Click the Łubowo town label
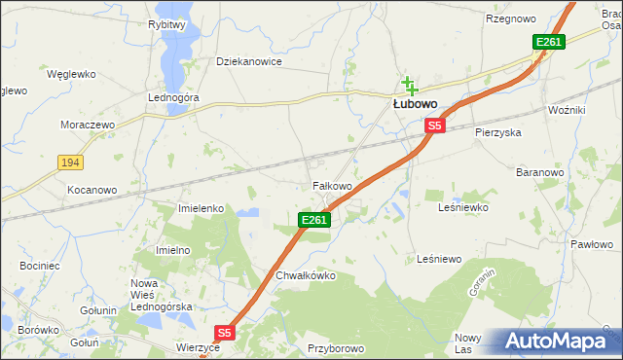(415, 103)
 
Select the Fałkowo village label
(331, 185)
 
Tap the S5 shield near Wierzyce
(225, 332)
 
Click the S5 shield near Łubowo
(434, 126)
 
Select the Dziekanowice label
(248, 61)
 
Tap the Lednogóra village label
(173, 98)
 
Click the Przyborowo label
(335, 348)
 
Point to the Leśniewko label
(463, 207)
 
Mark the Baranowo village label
(540, 172)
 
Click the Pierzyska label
(498, 131)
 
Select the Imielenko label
(202, 208)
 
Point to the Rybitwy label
(167, 24)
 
